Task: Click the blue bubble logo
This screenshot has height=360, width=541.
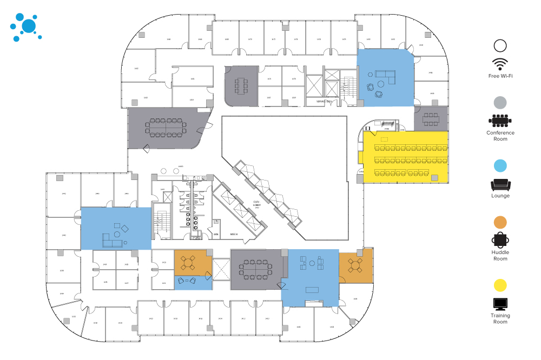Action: [25, 26]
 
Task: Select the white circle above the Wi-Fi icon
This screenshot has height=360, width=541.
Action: [500, 46]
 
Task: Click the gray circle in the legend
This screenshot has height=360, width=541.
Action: [500, 102]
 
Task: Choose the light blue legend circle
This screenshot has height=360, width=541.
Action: [500, 165]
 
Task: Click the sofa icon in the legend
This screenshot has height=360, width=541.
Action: [500, 184]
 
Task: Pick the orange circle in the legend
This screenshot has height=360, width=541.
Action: [500, 222]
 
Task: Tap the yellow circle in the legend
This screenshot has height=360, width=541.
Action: [500, 285]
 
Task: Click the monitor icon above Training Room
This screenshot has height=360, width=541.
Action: [500, 304]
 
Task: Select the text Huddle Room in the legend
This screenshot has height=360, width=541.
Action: [500, 255]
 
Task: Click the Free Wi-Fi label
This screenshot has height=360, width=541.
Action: [500, 76]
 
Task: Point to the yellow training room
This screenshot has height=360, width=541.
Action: [406, 157]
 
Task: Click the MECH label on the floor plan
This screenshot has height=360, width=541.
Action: [234, 234]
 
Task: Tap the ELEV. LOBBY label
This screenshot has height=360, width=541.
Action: [258, 205]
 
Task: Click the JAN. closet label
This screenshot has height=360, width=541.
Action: [216, 234]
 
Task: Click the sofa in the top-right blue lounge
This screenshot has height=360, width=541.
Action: [385, 75]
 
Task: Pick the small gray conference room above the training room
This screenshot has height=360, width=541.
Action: [431, 119]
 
